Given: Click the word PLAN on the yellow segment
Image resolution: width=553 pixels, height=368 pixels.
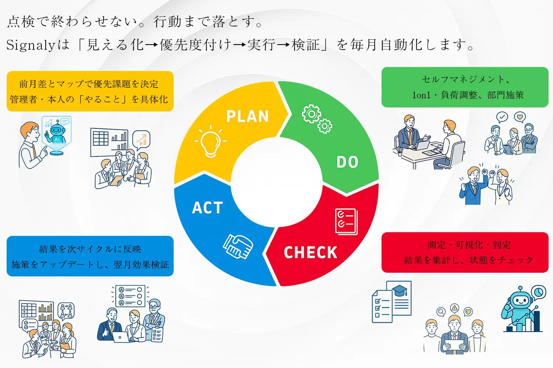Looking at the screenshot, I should point(247,116).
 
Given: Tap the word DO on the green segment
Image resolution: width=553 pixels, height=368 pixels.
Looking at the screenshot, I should point(347,162).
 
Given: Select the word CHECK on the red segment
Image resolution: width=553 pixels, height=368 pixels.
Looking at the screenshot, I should point(310,253).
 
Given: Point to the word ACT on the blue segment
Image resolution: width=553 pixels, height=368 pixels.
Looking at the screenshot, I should point(208,208).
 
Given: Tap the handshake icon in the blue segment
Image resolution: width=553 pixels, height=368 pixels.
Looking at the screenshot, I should point(238,246).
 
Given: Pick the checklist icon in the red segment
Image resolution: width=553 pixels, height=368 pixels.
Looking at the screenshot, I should point(346,221).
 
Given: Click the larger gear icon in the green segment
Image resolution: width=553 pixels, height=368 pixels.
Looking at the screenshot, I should point(312,114).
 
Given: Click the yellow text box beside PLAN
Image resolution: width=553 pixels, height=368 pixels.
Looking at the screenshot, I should point(90,91).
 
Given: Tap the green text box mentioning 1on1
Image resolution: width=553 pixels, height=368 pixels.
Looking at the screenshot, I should point(465,87).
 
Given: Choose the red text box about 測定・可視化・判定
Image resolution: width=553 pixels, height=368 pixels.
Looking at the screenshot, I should point(465,252).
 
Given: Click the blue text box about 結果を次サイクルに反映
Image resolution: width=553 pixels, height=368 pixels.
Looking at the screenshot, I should point(90,256).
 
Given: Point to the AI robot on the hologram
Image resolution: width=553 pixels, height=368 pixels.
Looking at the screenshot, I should point(57,133).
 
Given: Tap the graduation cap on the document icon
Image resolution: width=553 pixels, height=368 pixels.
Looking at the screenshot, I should point(400,291).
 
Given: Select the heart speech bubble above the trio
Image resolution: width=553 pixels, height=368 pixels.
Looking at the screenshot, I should point(520,117).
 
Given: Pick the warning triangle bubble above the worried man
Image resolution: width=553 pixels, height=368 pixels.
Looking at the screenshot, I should point(455,308).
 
